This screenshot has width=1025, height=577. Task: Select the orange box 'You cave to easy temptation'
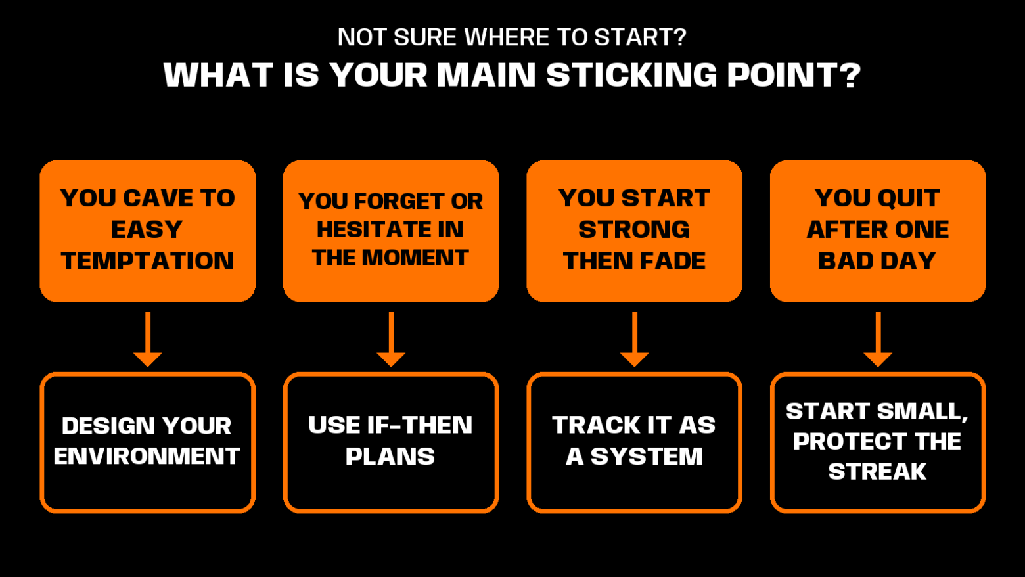coord(147,231)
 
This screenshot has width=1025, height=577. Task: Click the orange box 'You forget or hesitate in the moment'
coord(391,231)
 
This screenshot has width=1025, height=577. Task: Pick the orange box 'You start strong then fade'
coord(634,231)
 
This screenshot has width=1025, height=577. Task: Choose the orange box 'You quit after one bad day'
coord(878,231)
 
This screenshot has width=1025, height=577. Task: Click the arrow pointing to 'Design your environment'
coord(147,339)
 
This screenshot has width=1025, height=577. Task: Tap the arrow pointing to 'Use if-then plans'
coord(391,339)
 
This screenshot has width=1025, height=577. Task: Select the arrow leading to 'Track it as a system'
coord(634,339)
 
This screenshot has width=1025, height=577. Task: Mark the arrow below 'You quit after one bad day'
coord(878,339)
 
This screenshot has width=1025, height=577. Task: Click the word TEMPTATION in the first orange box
coord(147,261)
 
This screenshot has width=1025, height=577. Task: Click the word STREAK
coord(878,471)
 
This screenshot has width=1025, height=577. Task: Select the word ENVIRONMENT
coord(147,456)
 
